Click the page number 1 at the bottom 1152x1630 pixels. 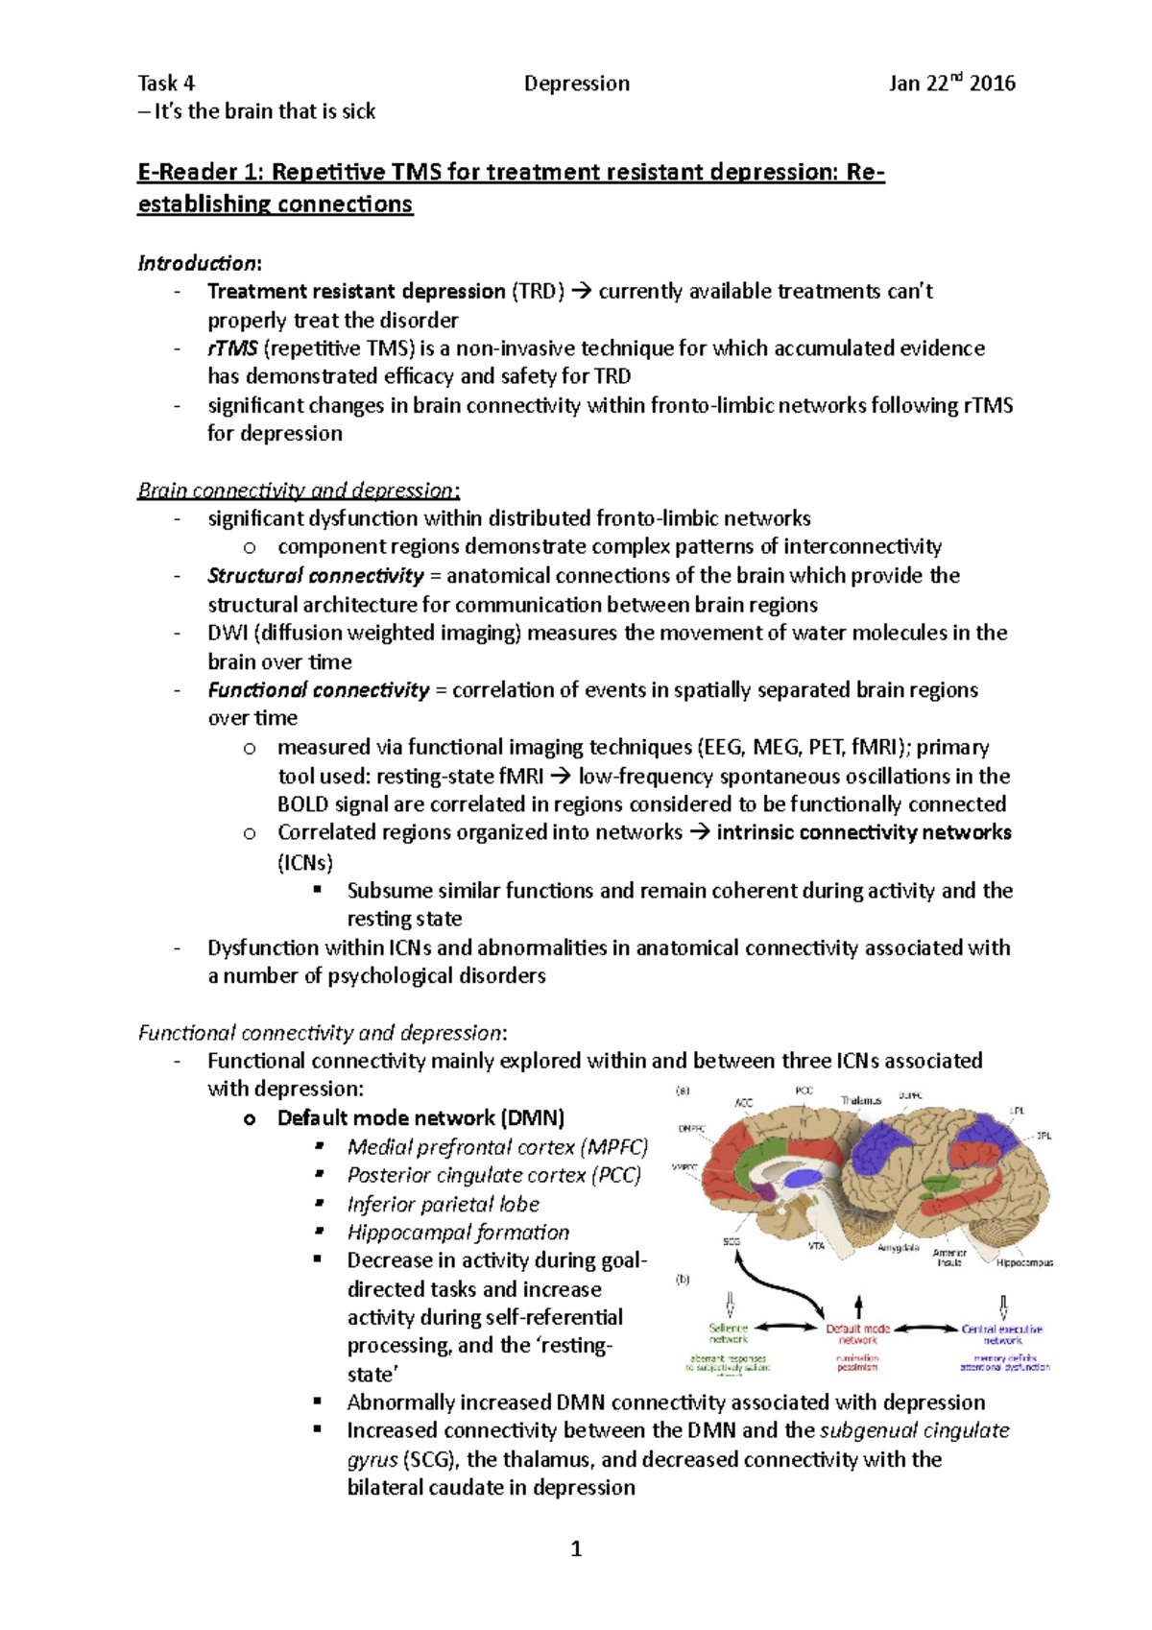coord(576,1548)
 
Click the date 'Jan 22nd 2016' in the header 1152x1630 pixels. coord(951,84)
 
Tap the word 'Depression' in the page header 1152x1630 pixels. coord(577,84)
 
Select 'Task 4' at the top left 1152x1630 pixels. coord(166,84)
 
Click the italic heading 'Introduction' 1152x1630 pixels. coord(198,263)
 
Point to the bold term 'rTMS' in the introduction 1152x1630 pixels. coord(232,348)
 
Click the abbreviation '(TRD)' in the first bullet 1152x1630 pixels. coord(538,291)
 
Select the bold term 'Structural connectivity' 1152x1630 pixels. coord(315,576)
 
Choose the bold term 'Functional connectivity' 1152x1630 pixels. coord(318,690)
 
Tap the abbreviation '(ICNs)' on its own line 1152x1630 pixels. coord(305,862)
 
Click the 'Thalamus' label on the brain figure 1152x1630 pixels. coord(861,1100)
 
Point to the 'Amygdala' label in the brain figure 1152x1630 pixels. coord(899,1248)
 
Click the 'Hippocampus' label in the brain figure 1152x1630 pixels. coord(1024,1263)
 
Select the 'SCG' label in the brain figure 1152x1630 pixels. coord(732,1242)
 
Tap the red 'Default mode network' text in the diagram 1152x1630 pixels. coord(858,1334)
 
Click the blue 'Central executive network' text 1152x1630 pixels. coord(1002,1334)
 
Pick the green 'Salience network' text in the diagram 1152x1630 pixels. coord(728,1334)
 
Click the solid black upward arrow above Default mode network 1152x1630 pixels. coord(858,1305)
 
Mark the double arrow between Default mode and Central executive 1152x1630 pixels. coord(925,1329)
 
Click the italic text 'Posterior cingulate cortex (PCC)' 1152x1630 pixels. coord(493,1175)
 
